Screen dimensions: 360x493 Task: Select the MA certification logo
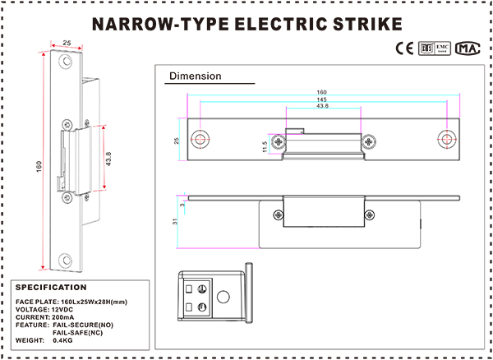click(468, 48)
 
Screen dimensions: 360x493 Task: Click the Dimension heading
click(195, 76)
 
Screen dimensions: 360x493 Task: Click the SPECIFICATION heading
click(51, 288)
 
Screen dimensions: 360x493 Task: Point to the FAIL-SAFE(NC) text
click(76, 332)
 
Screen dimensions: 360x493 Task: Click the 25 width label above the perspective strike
click(67, 41)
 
